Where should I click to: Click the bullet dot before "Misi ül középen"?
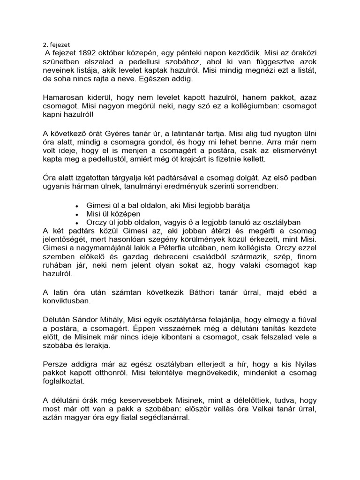click(77, 214)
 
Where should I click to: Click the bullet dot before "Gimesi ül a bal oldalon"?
click(77, 206)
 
